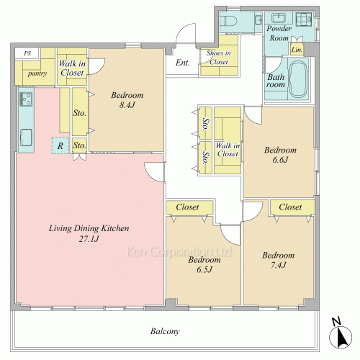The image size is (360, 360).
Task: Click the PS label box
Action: pyautogui.click(x=27, y=53)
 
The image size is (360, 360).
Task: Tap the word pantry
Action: pyautogui.click(x=37, y=73)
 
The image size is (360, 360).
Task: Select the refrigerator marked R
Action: pyautogui.click(x=60, y=145)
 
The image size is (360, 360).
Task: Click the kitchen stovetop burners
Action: pyautogui.click(x=26, y=99)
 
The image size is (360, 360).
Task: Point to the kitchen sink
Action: pyautogui.click(x=26, y=138)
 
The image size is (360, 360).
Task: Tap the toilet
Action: pyautogui.click(x=229, y=21)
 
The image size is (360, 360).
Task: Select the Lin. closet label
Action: pyautogui.click(x=297, y=50)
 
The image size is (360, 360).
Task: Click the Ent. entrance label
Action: pyautogui.click(x=182, y=63)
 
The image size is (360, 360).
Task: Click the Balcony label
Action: pyautogui.click(x=165, y=331)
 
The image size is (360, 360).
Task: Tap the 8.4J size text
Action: pyautogui.click(x=127, y=104)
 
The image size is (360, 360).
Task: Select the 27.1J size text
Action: pyautogui.click(x=89, y=239)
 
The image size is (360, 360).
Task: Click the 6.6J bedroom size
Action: pyautogui.click(x=280, y=160)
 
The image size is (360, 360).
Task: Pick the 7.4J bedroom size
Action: pyautogui.click(x=279, y=265)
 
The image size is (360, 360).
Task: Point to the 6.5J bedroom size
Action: pyautogui.click(x=204, y=269)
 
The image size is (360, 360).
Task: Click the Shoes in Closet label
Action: pyautogui.click(x=219, y=58)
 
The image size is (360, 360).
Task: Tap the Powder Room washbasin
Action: pyautogui.click(x=278, y=18)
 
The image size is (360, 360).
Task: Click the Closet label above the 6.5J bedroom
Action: pyautogui.click(x=187, y=207)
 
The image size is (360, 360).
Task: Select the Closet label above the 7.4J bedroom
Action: pyautogui.click(x=290, y=207)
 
